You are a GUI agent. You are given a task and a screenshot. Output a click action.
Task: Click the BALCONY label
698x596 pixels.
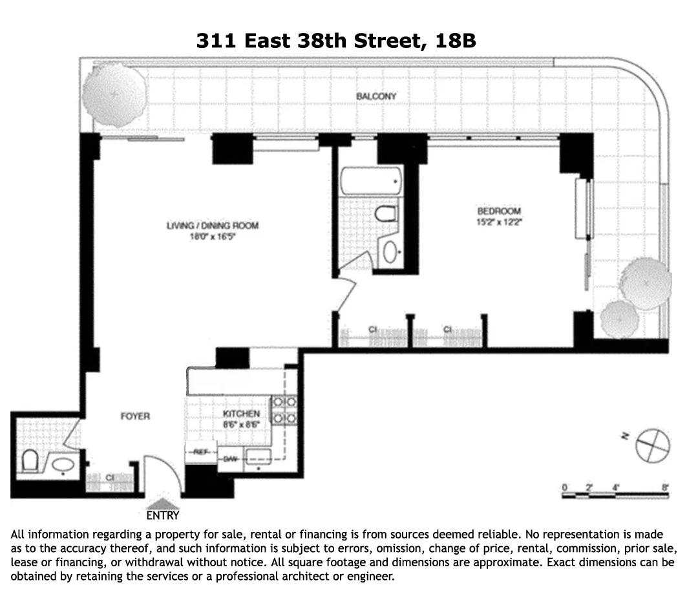[x=376, y=96]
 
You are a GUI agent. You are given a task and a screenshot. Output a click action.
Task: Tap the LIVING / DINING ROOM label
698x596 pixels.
[x=213, y=226]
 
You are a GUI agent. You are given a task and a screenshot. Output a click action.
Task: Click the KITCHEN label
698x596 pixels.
[x=241, y=414]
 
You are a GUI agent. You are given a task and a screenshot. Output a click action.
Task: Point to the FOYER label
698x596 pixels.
[x=135, y=416]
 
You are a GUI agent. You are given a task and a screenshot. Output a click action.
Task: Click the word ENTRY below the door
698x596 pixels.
[x=162, y=516]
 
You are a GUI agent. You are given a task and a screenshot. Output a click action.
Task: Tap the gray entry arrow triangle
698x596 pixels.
[x=163, y=504]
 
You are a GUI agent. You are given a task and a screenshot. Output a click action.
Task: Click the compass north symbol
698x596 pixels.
[x=650, y=445]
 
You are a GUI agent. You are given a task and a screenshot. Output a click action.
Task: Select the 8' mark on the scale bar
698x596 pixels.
[x=665, y=487]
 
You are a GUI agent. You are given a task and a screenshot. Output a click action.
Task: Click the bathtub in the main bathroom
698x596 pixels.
[x=370, y=180]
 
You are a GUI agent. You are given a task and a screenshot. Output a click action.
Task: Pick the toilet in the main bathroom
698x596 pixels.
[x=386, y=215]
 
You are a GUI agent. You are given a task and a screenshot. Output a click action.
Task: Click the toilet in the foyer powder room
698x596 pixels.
[x=30, y=462]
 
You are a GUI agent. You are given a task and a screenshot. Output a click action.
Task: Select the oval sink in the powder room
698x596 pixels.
[x=63, y=464]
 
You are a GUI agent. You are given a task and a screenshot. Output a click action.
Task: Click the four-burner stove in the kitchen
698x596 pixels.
[x=284, y=410]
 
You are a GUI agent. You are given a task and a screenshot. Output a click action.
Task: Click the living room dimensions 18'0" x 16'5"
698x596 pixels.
[x=213, y=237]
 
